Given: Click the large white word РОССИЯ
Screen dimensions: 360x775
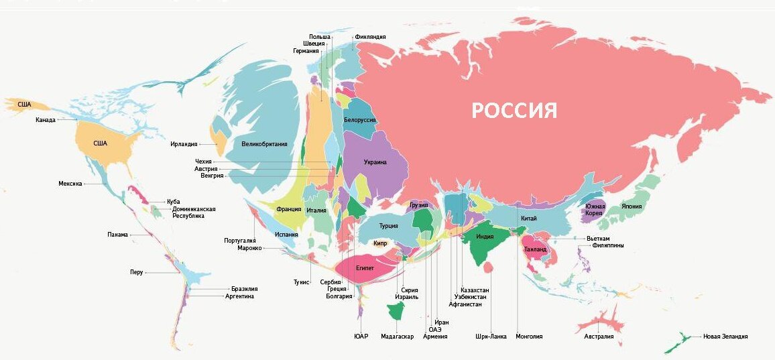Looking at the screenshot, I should (x=514, y=111).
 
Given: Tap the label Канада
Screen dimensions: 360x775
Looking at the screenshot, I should (x=46, y=120).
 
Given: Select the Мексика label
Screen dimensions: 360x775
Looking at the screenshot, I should (x=70, y=183).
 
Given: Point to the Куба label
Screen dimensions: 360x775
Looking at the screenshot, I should (x=174, y=201).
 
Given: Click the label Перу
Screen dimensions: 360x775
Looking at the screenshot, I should (x=136, y=272).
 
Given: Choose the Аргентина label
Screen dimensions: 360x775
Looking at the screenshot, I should (x=239, y=296).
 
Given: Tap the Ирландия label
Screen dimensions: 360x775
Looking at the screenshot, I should (x=184, y=144).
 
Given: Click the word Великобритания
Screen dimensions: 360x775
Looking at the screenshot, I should (x=264, y=143).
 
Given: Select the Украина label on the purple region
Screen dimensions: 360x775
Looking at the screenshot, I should (x=375, y=162).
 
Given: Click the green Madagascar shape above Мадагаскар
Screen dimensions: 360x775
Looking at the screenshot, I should (x=394, y=311).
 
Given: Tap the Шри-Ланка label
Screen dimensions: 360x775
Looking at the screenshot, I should (x=490, y=336).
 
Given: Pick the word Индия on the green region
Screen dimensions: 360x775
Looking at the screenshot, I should (x=485, y=237).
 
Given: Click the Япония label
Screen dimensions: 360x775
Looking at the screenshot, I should (x=632, y=206).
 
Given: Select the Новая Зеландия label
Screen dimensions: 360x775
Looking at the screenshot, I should (x=725, y=336).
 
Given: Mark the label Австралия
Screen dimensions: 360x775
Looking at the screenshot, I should (x=598, y=336).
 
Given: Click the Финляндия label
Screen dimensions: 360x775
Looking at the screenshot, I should (x=370, y=37).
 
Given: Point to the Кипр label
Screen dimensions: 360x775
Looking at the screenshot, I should (x=380, y=243).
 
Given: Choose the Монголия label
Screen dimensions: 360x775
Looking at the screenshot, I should (x=528, y=336).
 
